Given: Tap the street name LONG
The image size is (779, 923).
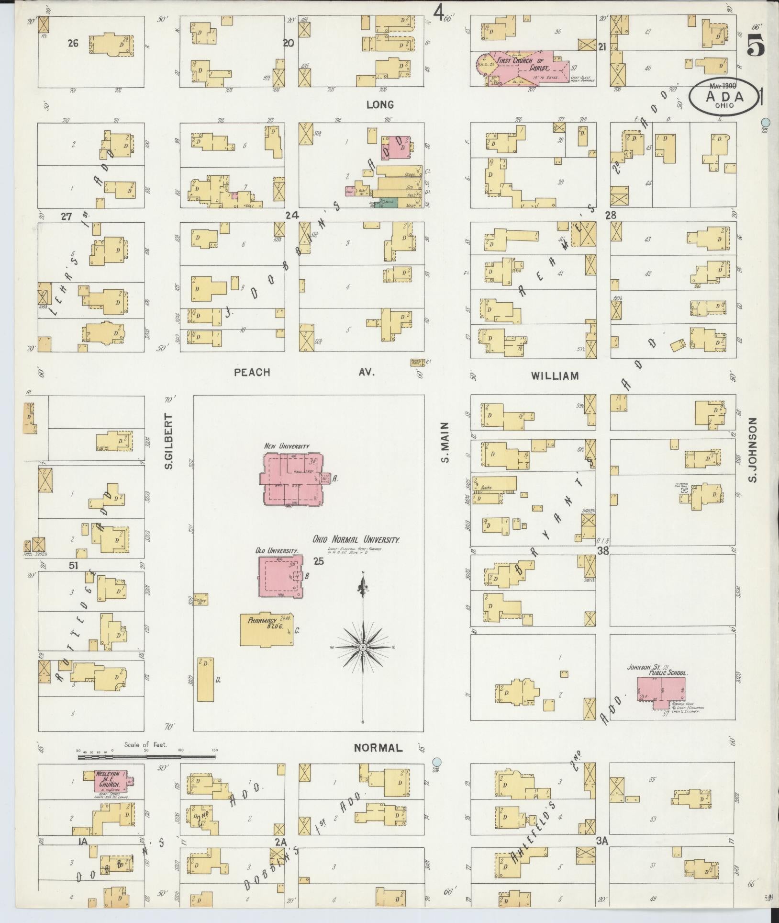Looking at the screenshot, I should [380, 104].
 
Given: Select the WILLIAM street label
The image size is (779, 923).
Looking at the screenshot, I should [555, 376].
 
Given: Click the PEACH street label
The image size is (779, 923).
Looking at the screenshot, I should [252, 372].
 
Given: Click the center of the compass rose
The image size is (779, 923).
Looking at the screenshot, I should [363, 647].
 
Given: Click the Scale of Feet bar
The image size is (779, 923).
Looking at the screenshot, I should [146, 757].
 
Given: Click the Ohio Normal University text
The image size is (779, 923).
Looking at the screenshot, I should [356, 540].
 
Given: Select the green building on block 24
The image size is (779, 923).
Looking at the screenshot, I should [389, 203].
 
